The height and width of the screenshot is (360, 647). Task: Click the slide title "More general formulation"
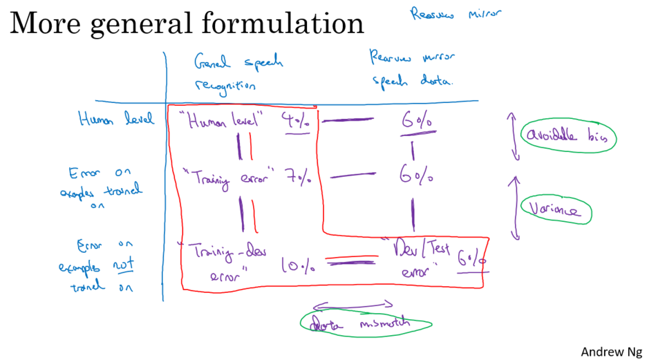(187, 23)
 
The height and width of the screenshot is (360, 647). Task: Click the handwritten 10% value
(297, 263)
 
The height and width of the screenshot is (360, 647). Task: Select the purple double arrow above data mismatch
(353, 304)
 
